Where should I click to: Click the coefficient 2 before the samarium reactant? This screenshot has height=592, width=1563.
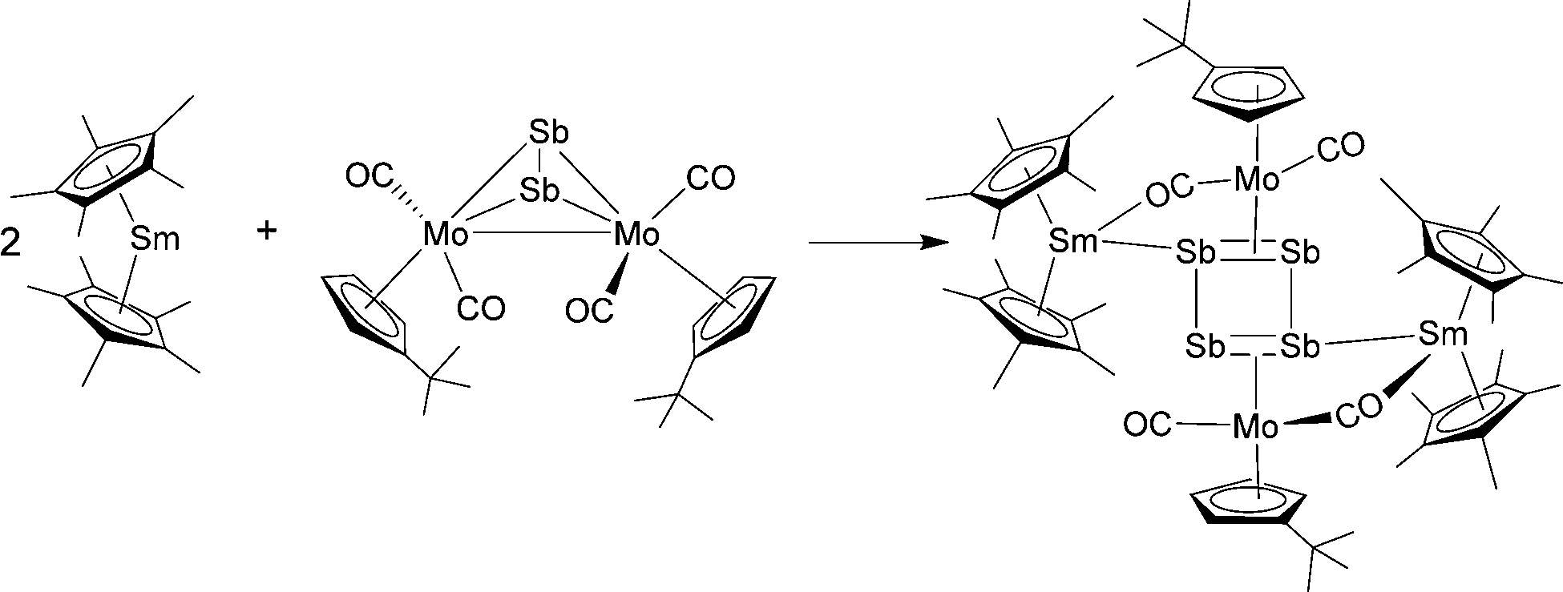click(12, 244)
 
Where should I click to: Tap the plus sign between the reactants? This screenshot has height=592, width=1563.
click(266, 231)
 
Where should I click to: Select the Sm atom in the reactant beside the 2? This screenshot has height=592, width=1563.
click(155, 238)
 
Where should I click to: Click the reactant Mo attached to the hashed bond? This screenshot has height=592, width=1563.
click(446, 235)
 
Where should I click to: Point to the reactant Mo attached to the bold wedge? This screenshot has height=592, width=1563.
click(636, 235)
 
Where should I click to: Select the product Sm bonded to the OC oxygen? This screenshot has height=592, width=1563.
click(1072, 240)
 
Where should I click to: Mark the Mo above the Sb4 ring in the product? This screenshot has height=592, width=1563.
click(1256, 179)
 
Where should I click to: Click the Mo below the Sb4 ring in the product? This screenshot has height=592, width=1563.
click(1256, 427)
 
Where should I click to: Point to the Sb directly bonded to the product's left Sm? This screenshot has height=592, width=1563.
click(1197, 254)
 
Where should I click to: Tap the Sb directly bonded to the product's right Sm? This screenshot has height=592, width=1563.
click(1300, 346)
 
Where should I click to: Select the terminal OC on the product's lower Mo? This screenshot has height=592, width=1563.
click(1147, 425)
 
